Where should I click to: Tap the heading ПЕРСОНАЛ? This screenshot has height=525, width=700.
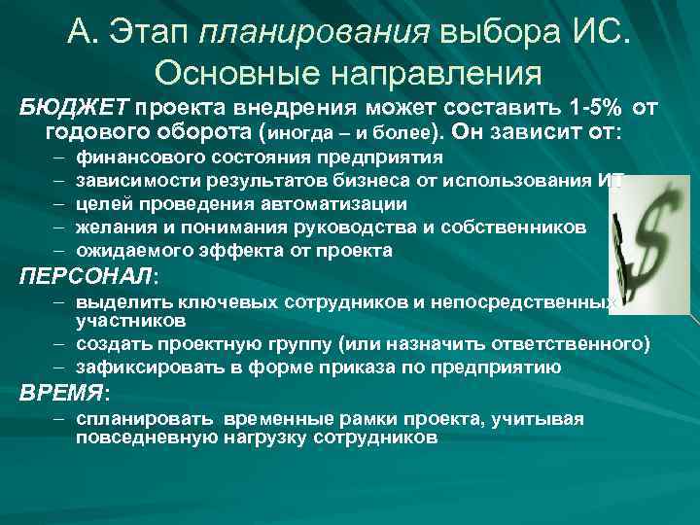85,276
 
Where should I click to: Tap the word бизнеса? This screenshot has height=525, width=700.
345,181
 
